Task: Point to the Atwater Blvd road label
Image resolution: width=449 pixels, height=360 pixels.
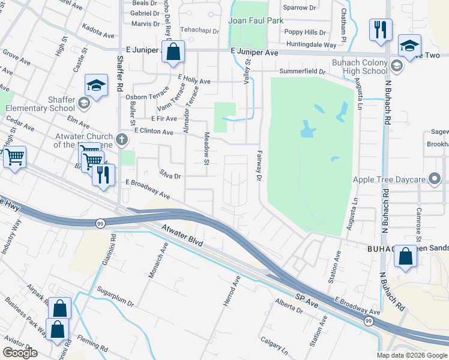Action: click(182, 236)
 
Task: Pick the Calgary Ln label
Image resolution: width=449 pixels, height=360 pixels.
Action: click(274, 346)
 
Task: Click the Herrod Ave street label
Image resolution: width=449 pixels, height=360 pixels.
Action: click(232, 292)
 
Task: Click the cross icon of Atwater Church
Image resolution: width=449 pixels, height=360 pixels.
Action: click(122, 140)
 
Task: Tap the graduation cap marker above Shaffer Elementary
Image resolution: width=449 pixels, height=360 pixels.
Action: click(96, 86)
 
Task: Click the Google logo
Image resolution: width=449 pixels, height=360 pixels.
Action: click(20, 353)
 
